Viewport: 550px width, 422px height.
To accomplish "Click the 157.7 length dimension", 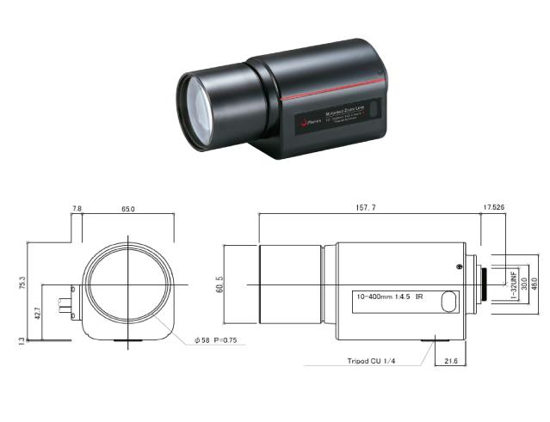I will [x=368, y=207].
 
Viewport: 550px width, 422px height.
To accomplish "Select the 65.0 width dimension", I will [x=129, y=207].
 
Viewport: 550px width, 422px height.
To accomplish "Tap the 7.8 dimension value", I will [x=77, y=207].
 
